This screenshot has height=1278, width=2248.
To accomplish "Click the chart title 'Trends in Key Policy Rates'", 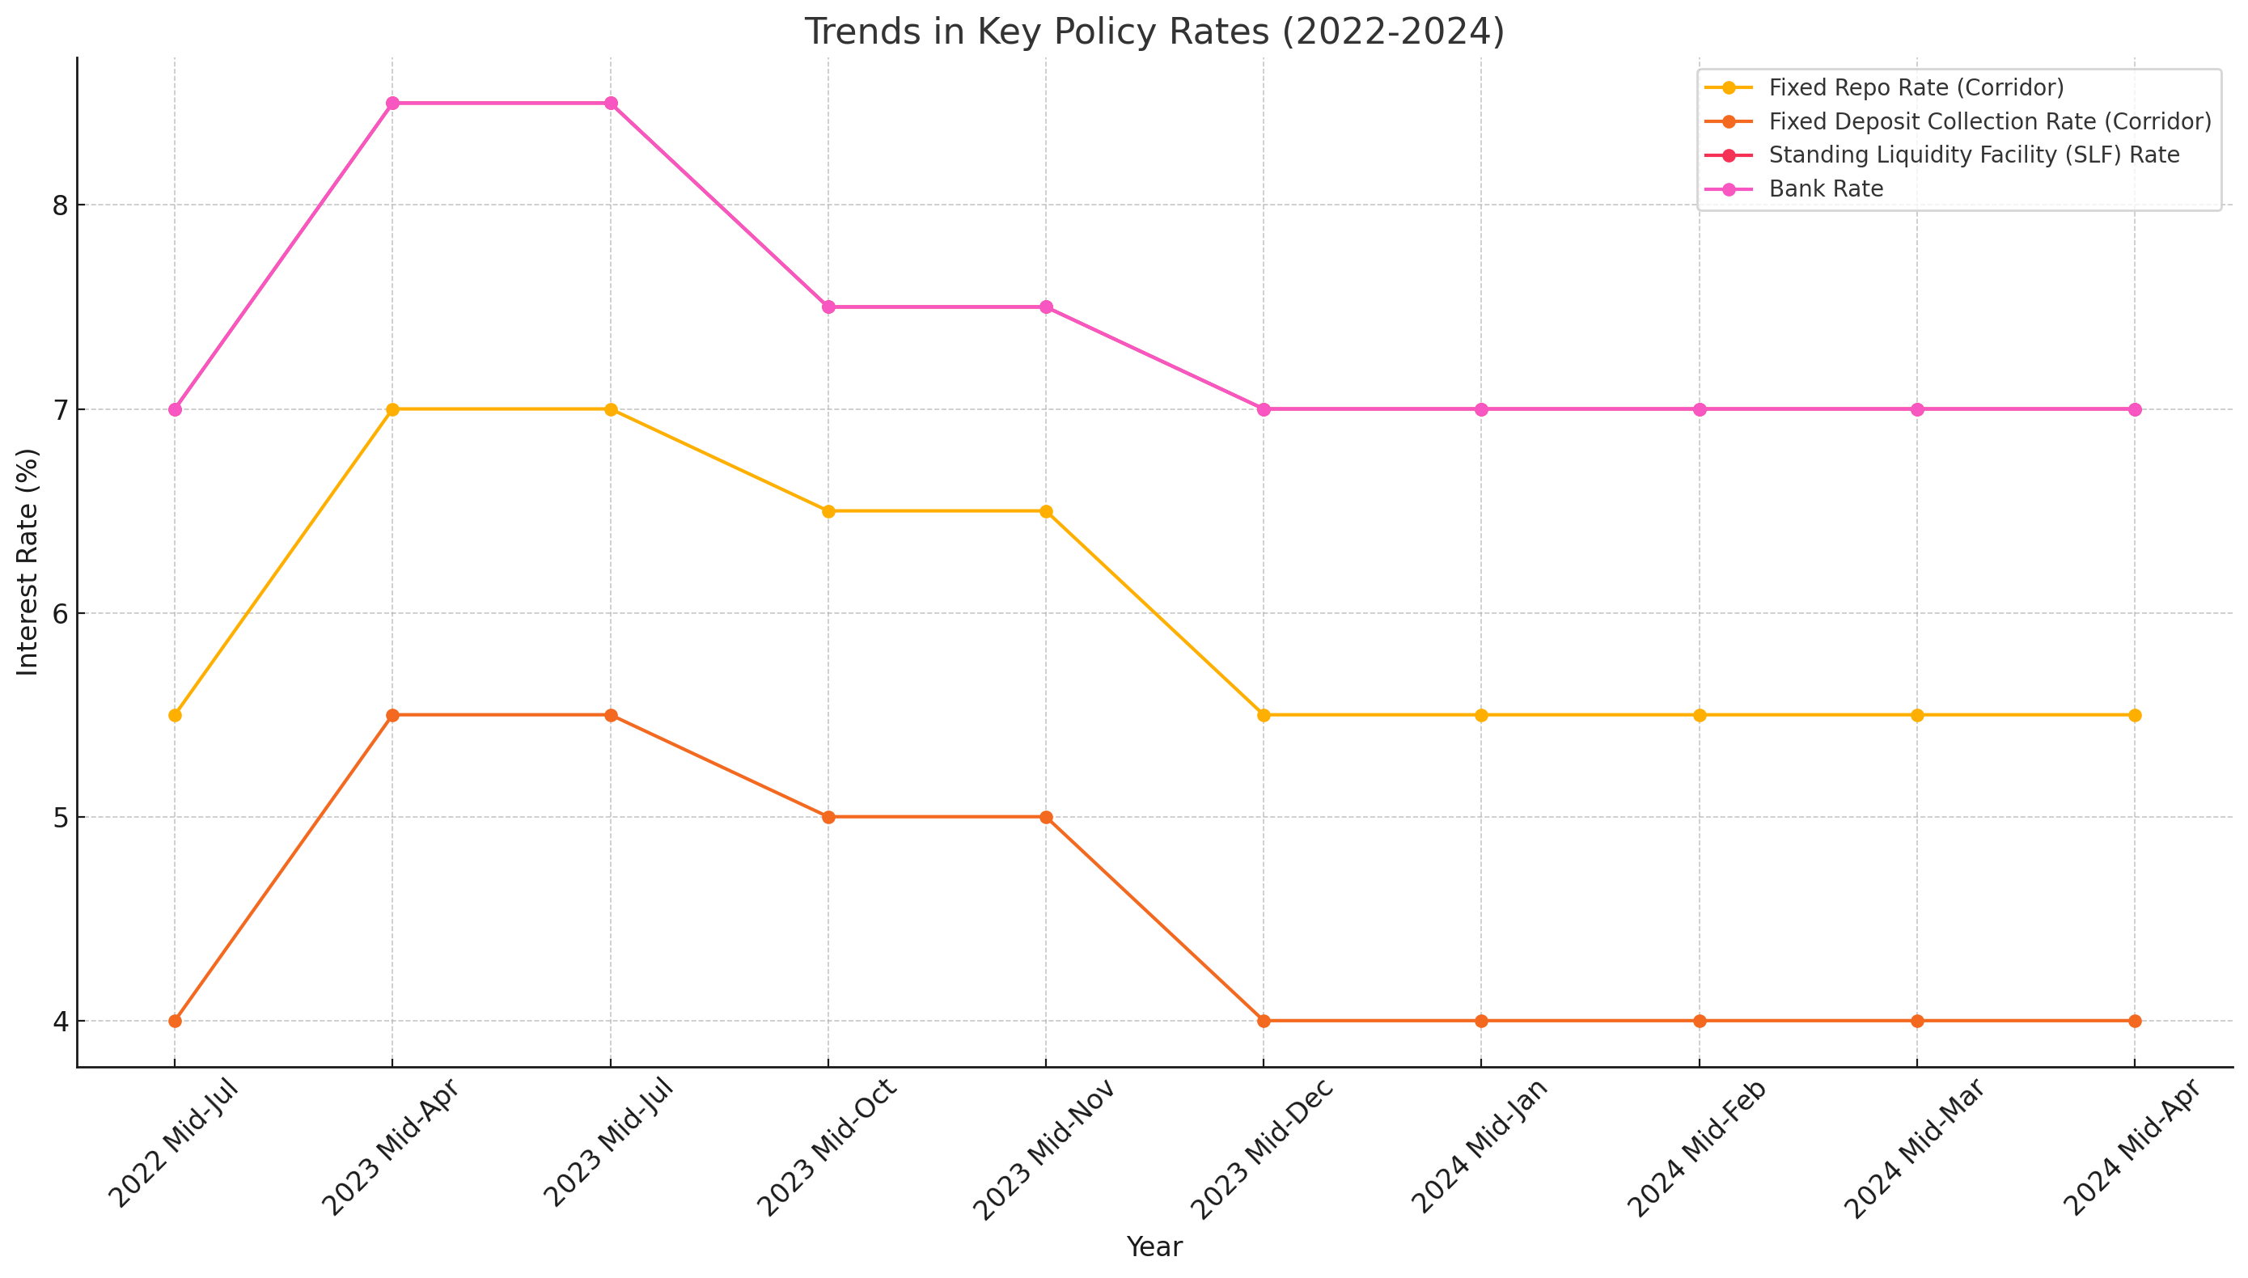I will [x=1154, y=32].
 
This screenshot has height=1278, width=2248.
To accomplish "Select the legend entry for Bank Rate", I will [x=1826, y=188].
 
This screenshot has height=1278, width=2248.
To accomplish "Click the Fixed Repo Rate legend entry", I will [x=1916, y=88].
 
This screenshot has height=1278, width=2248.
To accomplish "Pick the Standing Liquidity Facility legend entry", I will [x=1973, y=155].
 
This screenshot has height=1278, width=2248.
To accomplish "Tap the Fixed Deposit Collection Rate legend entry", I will [x=1989, y=121].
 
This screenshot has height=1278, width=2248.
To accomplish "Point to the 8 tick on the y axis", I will [x=60, y=205].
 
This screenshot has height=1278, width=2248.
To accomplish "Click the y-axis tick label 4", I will [x=60, y=1021].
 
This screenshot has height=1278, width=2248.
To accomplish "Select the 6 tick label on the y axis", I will [x=60, y=614].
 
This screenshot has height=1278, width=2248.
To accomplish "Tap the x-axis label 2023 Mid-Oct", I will [x=826, y=1146].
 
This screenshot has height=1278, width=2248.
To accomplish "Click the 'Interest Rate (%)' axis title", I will [x=28, y=562].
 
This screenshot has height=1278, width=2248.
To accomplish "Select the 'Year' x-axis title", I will [x=1154, y=1246].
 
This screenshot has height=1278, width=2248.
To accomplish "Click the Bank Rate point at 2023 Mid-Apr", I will [x=392, y=104].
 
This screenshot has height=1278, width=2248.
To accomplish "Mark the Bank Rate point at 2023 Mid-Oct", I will [x=828, y=307].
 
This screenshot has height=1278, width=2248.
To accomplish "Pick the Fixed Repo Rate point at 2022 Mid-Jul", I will [x=175, y=715].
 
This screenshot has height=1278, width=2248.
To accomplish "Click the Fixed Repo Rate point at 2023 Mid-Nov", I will [x=1045, y=512].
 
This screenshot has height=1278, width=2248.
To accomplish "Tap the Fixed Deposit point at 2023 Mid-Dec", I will [x=1263, y=1021].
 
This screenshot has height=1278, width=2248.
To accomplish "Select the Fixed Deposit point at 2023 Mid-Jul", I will [x=610, y=715].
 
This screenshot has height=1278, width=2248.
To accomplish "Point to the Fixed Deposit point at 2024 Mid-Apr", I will [x=2134, y=1021].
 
